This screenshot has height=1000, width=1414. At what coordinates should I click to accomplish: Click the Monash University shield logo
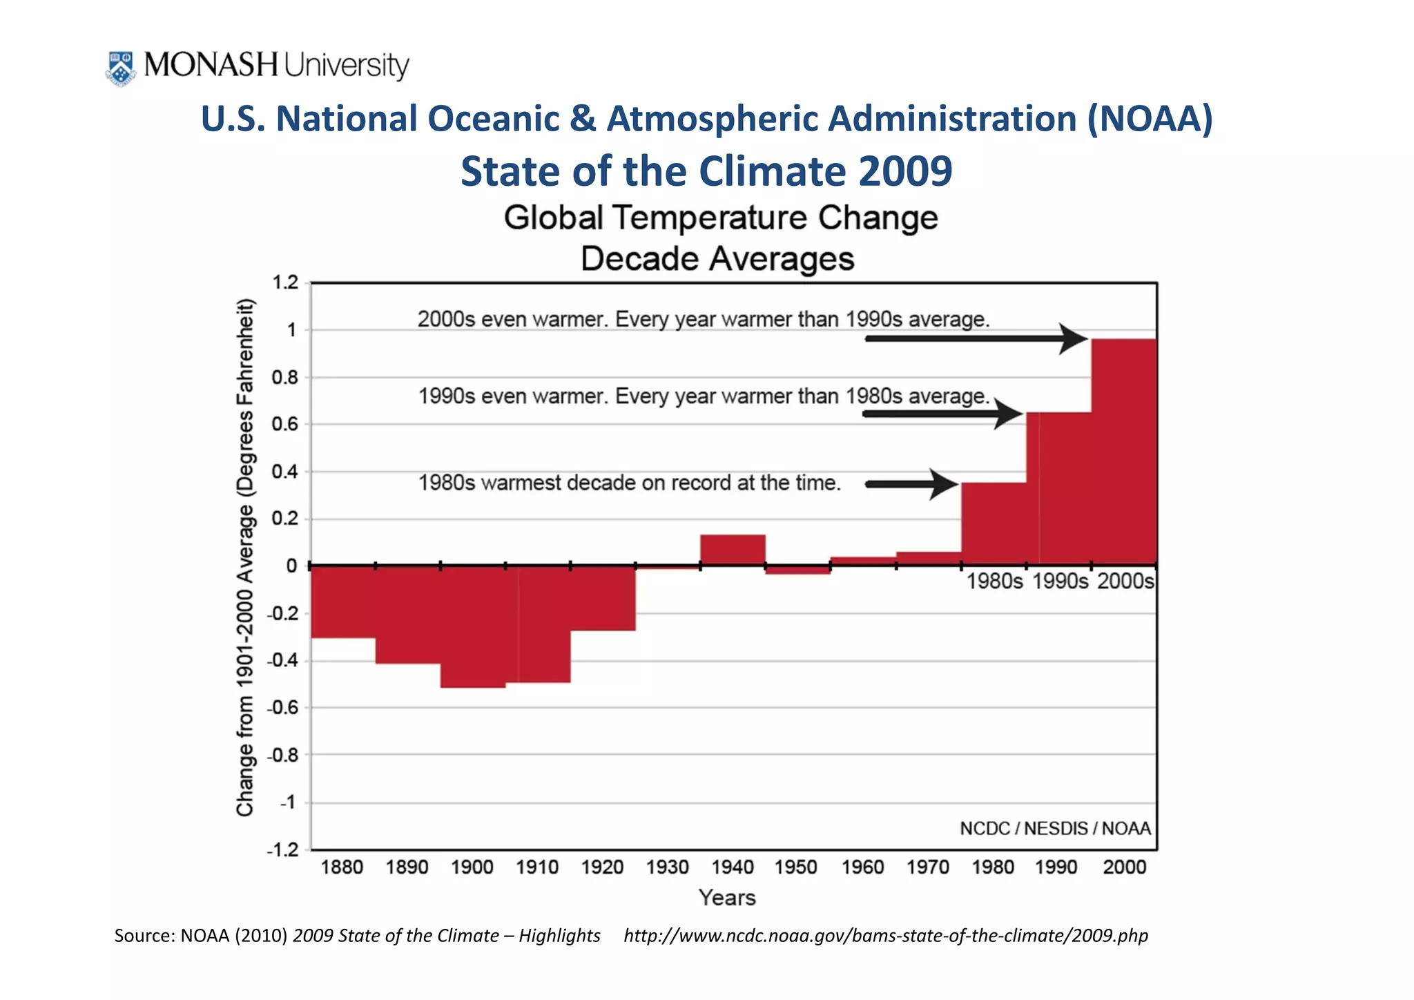tap(120, 68)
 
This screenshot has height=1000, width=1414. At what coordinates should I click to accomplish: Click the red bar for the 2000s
tap(1123, 452)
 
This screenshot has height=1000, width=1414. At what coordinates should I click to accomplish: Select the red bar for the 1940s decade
tap(733, 550)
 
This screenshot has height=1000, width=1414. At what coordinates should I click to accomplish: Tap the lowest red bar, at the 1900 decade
tap(473, 626)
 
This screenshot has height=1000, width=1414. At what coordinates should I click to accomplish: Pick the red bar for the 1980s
tap(994, 523)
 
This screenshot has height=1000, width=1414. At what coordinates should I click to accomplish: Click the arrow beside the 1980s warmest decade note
tap(911, 484)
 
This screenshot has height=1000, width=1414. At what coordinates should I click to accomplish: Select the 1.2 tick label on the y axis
tap(285, 282)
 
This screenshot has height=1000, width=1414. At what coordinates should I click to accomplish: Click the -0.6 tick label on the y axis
tap(282, 708)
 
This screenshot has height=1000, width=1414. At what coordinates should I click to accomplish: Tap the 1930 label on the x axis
tap(667, 867)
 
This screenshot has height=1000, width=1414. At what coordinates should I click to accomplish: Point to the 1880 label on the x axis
tap(342, 867)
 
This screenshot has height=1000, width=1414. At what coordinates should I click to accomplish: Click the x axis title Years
tap(726, 897)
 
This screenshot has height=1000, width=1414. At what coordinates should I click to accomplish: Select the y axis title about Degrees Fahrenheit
tap(246, 558)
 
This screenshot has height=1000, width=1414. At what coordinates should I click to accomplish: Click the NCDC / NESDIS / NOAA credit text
tap(1055, 828)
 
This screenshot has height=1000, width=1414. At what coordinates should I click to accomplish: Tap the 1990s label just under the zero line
tap(1060, 581)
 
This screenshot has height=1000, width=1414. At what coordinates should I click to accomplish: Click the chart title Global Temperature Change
tap(720, 218)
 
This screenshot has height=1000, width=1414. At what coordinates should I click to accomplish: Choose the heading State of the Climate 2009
tap(706, 171)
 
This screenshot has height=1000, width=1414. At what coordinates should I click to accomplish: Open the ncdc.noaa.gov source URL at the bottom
tap(885, 936)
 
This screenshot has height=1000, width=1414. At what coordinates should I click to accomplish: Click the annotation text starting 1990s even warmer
tap(704, 396)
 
